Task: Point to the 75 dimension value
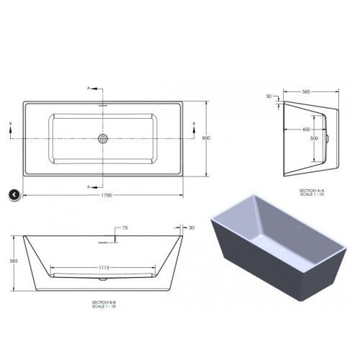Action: [125, 228]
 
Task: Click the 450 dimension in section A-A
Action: [306, 130]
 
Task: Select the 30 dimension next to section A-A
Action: [269, 96]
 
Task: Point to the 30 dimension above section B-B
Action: [191, 228]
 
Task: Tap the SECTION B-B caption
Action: [104, 302]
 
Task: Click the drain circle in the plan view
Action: [102, 138]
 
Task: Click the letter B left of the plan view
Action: [11, 124]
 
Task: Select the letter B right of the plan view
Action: [194, 124]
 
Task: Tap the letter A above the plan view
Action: [89, 87]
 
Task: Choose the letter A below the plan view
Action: [89, 186]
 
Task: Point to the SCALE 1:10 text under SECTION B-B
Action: [104, 307]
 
